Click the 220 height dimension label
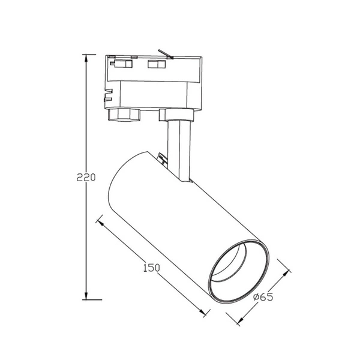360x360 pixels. [86, 178]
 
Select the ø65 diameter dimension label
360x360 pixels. [263, 297]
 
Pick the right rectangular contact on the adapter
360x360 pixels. [158, 64]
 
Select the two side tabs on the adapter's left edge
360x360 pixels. [109, 93]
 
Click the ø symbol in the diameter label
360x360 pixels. [256, 297]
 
